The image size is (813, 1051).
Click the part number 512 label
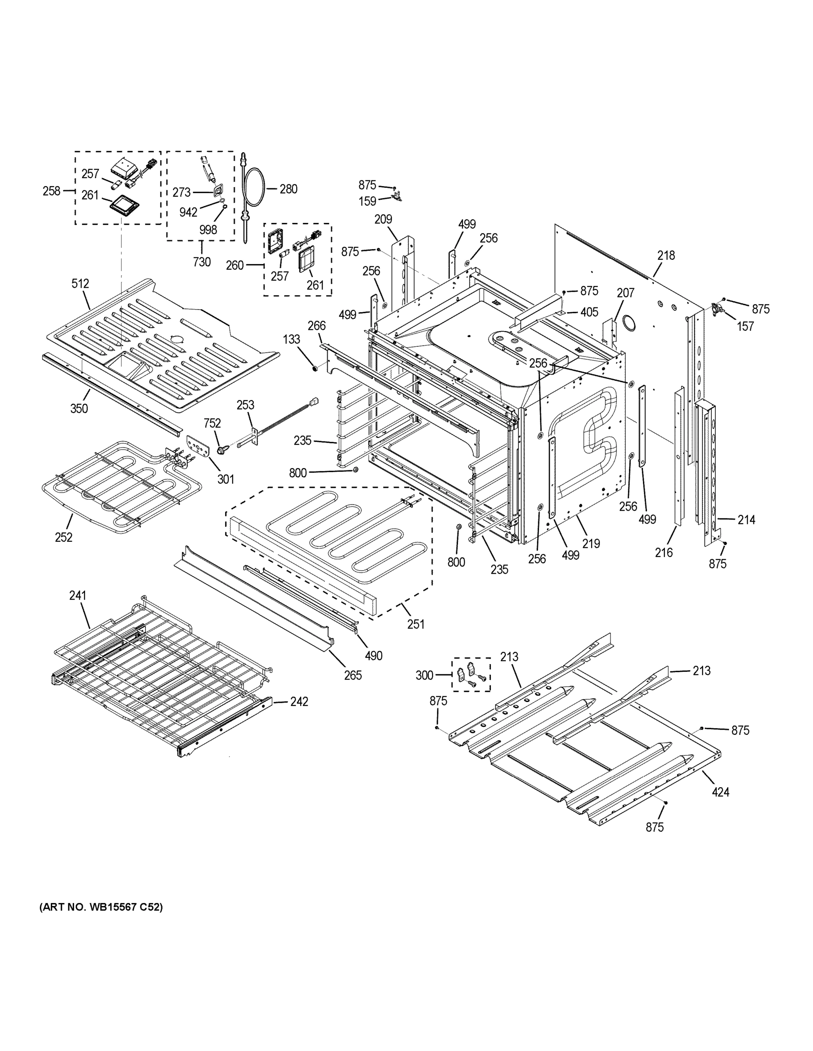pyautogui.click(x=81, y=283)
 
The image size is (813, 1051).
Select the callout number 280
pyautogui.click(x=288, y=189)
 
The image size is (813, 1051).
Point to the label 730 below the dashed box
pyautogui.click(x=202, y=262)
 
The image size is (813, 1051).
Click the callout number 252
pyautogui.click(x=64, y=537)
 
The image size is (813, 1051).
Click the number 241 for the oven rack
pyautogui.click(x=78, y=595)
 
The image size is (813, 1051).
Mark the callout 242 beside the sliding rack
pyautogui.click(x=299, y=702)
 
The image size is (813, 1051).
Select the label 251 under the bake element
pyautogui.click(x=415, y=624)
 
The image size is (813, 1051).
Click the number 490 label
pyautogui.click(x=374, y=656)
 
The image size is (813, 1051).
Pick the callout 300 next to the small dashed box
pyautogui.click(x=424, y=675)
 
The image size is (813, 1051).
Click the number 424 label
pyautogui.click(x=721, y=792)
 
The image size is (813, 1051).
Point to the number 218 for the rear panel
pyautogui.click(x=666, y=256)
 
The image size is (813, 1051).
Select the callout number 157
pyautogui.click(x=745, y=326)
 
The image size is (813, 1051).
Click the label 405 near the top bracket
pyautogui.click(x=589, y=312)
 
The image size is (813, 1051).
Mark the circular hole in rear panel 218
pyautogui.click(x=628, y=323)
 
